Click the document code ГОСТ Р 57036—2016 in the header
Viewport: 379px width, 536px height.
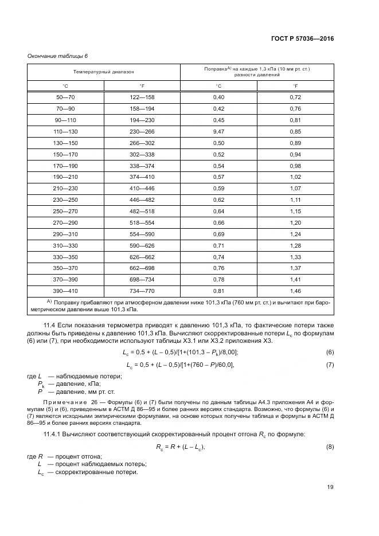(302, 38)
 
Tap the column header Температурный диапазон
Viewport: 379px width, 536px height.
(104, 72)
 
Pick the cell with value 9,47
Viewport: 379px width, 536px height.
(218, 131)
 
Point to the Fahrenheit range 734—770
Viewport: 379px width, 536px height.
(142, 291)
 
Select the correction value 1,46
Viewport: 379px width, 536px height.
(295, 291)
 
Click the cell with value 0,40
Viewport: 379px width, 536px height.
(218, 98)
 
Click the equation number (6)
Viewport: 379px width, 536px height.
(330, 351)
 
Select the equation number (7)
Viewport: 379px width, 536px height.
(330, 365)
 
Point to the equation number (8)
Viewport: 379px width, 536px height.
(330, 447)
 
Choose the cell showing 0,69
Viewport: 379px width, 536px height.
(218, 234)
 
